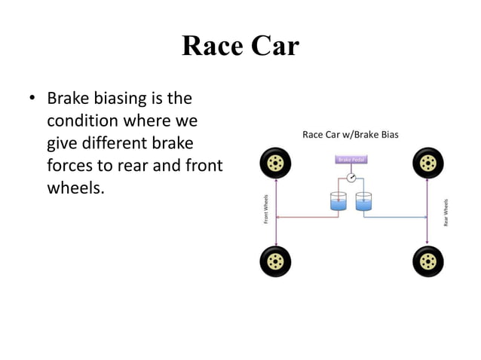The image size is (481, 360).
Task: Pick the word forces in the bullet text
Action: tap(73, 165)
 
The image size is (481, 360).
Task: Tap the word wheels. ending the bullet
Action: tap(75, 187)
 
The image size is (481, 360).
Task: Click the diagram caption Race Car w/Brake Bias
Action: tap(350, 135)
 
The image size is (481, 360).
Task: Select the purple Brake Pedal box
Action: tap(351, 160)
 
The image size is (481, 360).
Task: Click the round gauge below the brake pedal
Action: tap(351, 178)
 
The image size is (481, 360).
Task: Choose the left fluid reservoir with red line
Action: tap(338, 201)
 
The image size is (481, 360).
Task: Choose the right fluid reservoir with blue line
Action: tap(364, 201)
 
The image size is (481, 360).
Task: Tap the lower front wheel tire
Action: tap(275, 261)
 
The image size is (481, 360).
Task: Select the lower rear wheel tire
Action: tap(428, 261)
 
